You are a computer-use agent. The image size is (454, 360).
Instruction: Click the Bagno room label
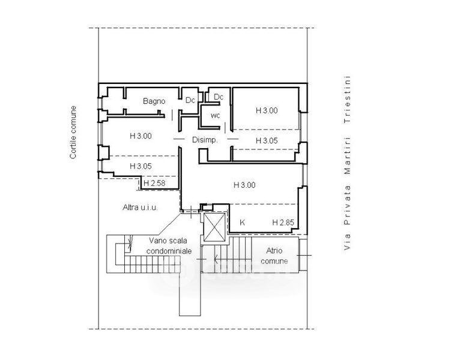tap(154, 101)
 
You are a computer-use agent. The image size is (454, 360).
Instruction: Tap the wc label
tap(216, 115)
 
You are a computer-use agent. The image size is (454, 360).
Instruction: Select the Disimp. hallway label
tap(205, 140)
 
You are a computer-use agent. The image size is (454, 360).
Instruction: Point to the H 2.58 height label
tap(154, 183)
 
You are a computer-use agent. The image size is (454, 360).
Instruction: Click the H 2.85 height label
tap(283, 223)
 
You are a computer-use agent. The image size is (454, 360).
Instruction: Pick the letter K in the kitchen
tap(243, 223)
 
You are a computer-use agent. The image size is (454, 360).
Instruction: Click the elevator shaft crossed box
tap(214, 227)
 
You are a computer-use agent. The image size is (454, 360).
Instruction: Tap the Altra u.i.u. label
tap(140, 208)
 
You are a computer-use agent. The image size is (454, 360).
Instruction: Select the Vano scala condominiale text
tap(169, 245)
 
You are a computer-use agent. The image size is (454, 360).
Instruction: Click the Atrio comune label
tap(274, 256)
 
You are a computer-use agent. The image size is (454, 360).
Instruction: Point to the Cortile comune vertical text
tap(73, 132)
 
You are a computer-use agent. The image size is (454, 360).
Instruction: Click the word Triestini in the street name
tap(347, 100)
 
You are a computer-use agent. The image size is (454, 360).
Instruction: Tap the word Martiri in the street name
tap(347, 155)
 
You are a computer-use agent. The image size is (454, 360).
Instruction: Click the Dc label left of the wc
tap(190, 100)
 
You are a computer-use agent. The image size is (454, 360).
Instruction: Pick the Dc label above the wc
tap(219, 97)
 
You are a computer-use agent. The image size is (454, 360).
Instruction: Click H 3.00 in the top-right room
tap(267, 110)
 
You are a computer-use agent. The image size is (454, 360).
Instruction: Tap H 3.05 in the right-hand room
tap(267, 140)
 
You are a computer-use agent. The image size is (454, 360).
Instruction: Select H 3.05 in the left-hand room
tap(141, 166)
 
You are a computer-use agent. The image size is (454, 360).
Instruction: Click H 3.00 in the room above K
tap(244, 185)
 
